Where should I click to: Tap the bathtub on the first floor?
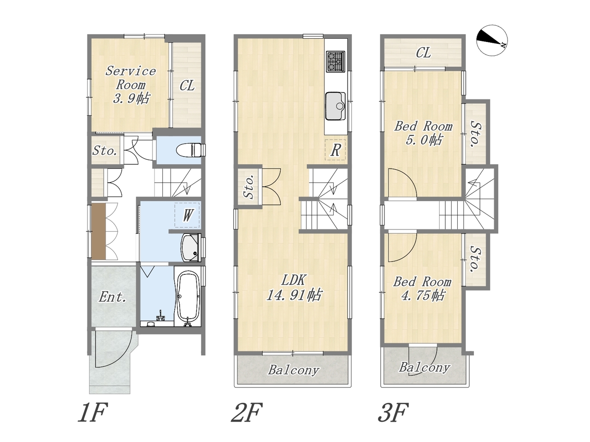click(189, 295)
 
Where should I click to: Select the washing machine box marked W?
click(187, 215)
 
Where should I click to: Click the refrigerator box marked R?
click(335, 150)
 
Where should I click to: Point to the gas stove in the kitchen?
click(336, 61)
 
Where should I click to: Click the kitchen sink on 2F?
click(336, 106)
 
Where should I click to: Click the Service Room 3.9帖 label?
click(130, 85)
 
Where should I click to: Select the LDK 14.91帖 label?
click(294, 288)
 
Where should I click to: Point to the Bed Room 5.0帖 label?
click(423, 133)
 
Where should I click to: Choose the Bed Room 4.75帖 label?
click(423, 289)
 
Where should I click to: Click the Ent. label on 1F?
click(112, 297)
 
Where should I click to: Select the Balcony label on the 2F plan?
click(294, 370)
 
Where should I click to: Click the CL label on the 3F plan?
click(423, 53)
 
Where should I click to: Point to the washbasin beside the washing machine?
click(191, 247)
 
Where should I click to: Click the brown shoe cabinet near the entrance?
click(98, 231)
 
